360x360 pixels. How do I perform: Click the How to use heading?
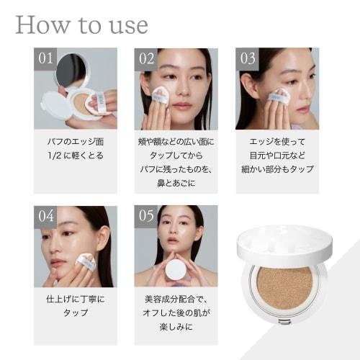coord(81,25)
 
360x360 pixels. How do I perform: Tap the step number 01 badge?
coord(45,59)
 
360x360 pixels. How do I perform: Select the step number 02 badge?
coord(146,59)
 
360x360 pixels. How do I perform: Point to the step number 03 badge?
coord(247,59)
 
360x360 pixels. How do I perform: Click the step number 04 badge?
coord(45,217)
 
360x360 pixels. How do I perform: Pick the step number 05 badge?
coord(146,217)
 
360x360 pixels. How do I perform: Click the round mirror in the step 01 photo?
coord(71,71)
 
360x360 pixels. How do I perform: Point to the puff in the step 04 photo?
coord(86,262)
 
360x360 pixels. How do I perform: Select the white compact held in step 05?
coord(176,270)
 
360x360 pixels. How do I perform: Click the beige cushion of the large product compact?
coord(284,287)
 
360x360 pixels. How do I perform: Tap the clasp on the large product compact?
coord(285,321)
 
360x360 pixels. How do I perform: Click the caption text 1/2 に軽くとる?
coord(76,156)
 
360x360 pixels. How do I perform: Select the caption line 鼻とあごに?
coord(176,183)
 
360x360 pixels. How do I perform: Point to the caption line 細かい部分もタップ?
coord(277,169)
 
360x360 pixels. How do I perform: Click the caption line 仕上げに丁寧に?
coord(76,299)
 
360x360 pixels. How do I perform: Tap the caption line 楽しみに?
coord(176,327)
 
